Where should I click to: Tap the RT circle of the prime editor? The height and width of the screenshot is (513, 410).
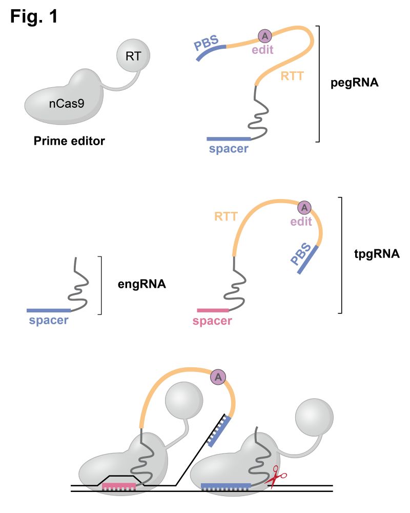[x=133, y=56]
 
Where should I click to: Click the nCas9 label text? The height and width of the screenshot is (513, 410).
[x=67, y=104]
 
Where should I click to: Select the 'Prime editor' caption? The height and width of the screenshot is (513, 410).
[x=69, y=141]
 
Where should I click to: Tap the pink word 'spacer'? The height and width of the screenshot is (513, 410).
[x=212, y=321]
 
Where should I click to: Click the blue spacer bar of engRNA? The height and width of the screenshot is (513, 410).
[x=49, y=310]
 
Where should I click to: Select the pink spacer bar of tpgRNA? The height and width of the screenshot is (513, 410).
[x=213, y=310]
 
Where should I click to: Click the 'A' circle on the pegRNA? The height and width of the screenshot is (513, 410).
[x=264, y=36]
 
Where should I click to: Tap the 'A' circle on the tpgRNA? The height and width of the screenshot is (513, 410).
[x=304, y=207]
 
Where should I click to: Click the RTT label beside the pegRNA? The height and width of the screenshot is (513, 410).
[x=292, y=77]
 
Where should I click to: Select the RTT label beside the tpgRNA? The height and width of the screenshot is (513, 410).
[x=226, y=217]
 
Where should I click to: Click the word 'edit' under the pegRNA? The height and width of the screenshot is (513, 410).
[x=262, y=49]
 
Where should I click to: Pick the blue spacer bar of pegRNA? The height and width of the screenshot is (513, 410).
[x=229, y=139]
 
